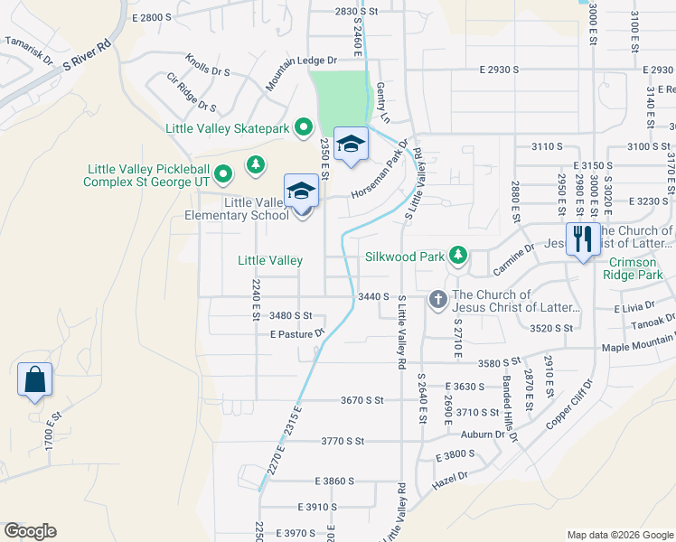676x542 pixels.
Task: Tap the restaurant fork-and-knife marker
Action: [583, 239]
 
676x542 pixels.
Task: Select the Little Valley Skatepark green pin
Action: [304, 128]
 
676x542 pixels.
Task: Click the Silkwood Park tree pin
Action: [458, 257]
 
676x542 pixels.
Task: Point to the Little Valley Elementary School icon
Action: [302, 191]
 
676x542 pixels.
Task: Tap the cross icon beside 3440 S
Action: [438, 298]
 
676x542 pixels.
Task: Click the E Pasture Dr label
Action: [296, 334]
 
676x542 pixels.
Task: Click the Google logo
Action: [29, 531]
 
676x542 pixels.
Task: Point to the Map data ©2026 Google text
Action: [619, 533]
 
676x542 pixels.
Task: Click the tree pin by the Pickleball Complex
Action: [257, 163]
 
